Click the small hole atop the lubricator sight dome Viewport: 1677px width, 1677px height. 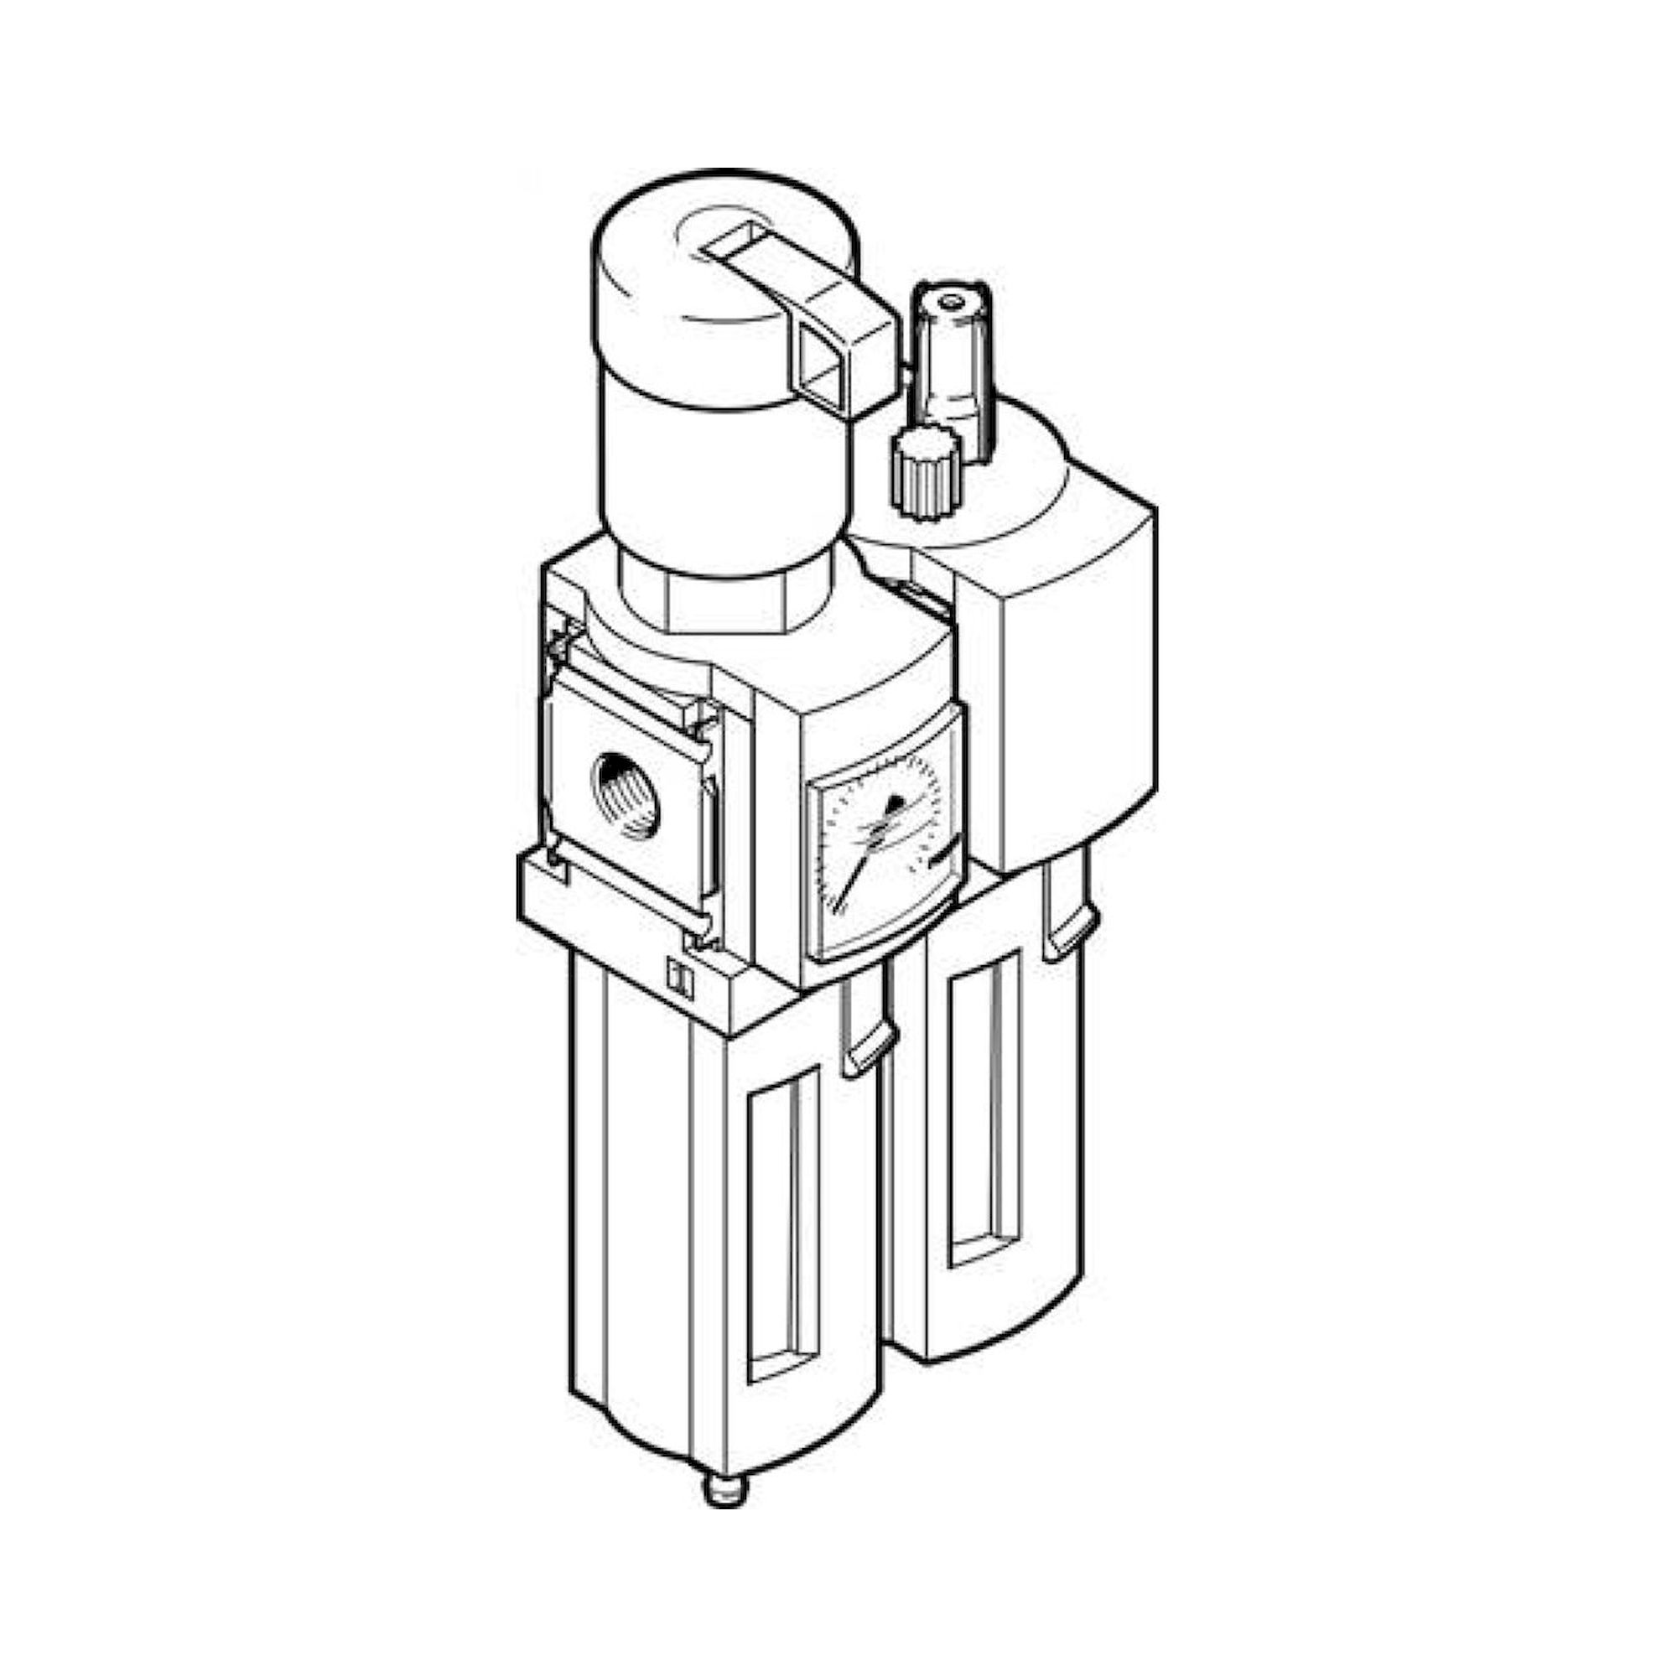[x=953, y=302]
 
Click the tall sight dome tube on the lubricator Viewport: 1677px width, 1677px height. [x=951, y=373]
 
